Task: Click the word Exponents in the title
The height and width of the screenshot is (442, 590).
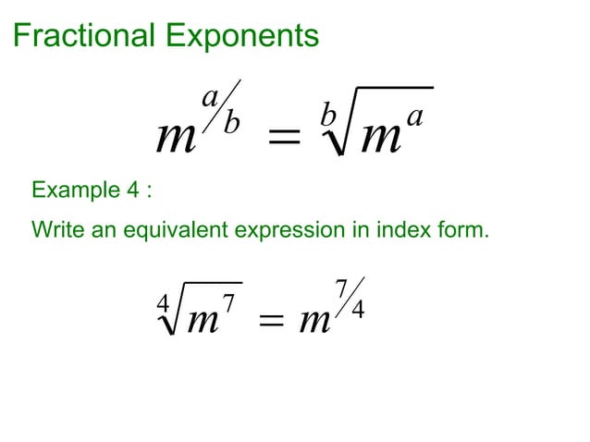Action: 242,37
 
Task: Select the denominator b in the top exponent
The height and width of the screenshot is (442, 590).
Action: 232,124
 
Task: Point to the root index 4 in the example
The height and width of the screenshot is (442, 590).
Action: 164,302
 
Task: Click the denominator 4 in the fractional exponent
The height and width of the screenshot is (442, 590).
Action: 357,310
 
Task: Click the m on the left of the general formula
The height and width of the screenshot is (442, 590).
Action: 176,141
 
